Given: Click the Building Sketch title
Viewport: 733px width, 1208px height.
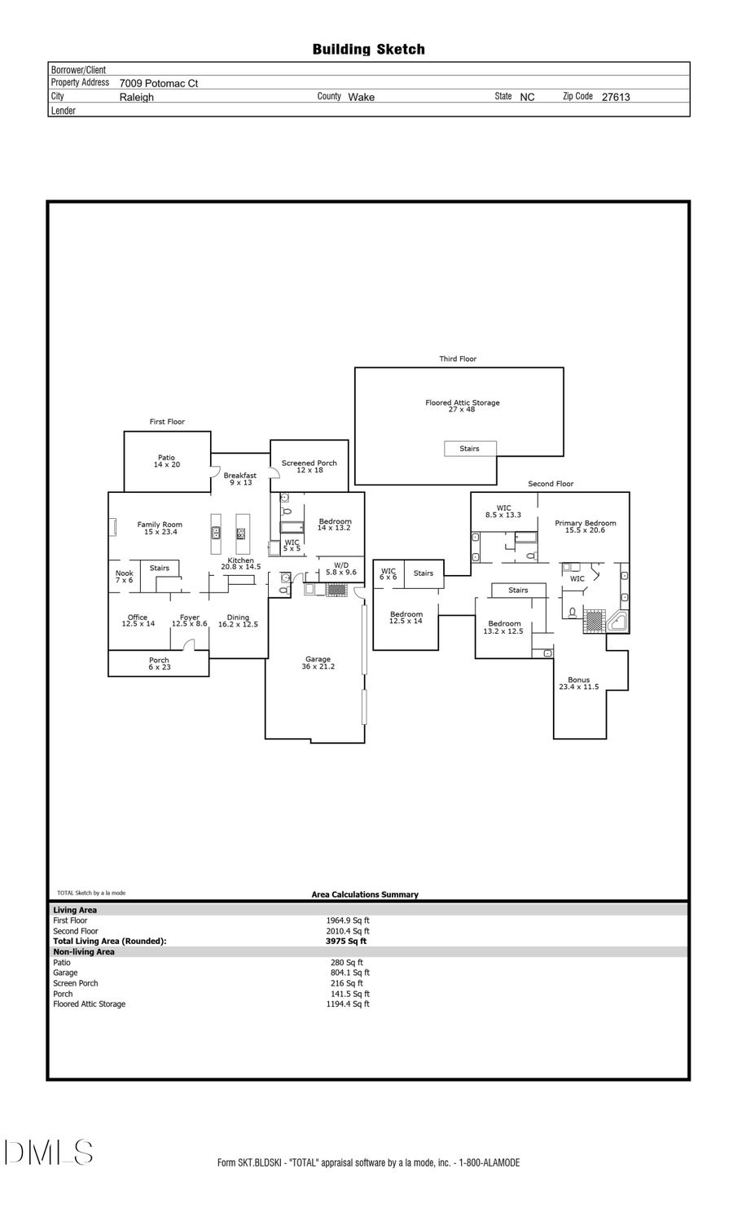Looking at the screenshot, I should click(368, 50).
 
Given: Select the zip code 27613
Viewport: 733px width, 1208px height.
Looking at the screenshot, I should click(616, 97).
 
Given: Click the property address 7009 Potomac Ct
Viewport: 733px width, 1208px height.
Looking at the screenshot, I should click(159, 83).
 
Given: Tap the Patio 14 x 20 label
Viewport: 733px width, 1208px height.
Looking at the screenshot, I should click(167, 461).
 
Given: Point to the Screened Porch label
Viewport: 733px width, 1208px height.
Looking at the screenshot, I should click(309, 466).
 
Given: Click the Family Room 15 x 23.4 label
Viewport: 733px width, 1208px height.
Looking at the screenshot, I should click(160, 529).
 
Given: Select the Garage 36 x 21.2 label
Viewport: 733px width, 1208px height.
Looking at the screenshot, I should click(318, 663).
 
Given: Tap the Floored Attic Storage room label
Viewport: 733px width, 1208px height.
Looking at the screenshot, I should click(462, 406).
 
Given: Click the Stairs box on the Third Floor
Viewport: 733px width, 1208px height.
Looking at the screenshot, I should click(470, 449).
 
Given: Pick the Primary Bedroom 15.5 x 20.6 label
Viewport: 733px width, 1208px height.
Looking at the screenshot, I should click(585, 526).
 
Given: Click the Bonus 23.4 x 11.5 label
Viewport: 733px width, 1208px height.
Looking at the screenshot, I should click(578, 683).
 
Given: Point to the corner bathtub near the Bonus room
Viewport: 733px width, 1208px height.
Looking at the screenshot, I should click(617, 622).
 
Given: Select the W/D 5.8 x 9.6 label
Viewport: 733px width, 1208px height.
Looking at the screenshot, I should click(341, 569).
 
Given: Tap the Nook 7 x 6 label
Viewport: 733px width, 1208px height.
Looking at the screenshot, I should click(124, 577).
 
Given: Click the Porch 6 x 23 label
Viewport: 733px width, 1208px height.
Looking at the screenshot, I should click(159, 664).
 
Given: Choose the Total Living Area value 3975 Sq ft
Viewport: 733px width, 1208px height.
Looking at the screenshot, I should click(346, 941).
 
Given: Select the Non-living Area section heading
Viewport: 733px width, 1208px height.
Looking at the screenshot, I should click(84, 951).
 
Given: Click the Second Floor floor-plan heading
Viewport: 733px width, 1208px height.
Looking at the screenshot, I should click(551, 484).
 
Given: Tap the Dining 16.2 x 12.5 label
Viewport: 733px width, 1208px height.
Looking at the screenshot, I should click(238, 621).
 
